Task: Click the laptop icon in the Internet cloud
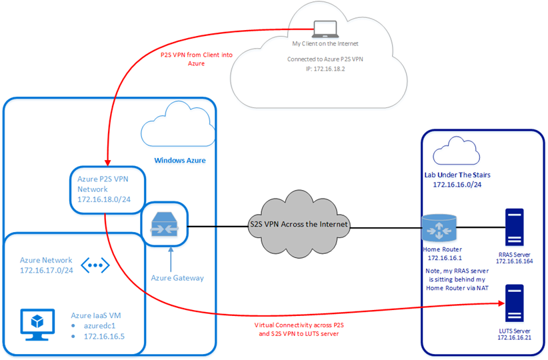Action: [325, 28]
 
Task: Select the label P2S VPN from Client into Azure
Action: [197, 58]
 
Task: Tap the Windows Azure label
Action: [180, 160]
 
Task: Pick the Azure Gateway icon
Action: [164, 224]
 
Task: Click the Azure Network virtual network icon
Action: [95, 265]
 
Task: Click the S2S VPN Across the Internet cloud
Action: [299, 224]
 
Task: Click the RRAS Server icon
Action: [514, 227]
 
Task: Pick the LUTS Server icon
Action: [514, 304]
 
